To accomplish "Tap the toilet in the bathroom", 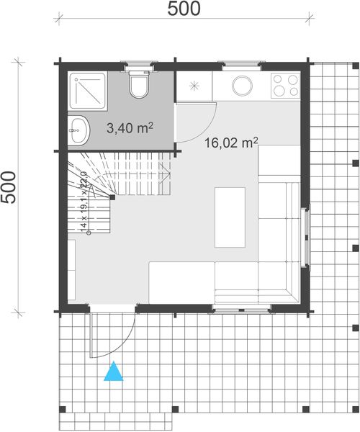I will [x=138, y=86].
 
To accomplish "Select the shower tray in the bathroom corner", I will [x=87, y=91].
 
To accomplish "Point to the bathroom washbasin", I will [x=79, y=130].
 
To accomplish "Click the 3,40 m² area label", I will [x=129, y=129].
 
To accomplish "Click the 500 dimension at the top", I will [x=184, y=9].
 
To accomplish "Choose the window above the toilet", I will [x=138, y=66].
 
